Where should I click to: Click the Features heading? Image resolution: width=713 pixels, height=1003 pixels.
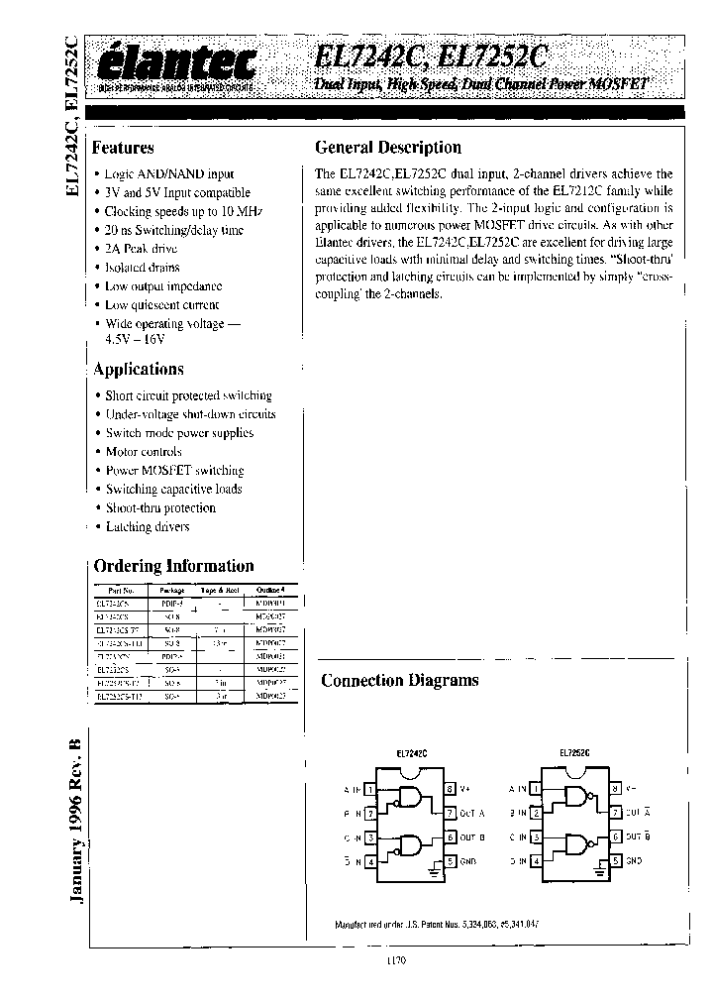(x=123, y=148)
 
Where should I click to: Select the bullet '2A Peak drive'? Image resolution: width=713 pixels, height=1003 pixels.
(x=144, y=249)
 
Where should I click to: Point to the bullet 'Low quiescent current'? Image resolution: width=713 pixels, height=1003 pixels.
(x=161, y=305)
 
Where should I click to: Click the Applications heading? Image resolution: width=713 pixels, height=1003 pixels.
(x=138, y=369)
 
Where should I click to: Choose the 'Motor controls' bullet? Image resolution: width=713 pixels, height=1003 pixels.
(x=144, y=451)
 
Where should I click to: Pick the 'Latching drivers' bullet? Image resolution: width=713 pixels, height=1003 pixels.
(x=147, y=526)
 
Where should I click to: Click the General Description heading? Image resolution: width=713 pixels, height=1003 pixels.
(x=387, y=148)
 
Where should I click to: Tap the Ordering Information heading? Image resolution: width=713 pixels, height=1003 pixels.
(x=173, y=566)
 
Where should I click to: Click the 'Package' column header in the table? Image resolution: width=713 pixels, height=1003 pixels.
(x=172, y=589)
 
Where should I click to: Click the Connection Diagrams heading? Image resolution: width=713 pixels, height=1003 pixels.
(x=399, y=680)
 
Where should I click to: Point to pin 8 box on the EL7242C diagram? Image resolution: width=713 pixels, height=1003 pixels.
(x=450, y=789)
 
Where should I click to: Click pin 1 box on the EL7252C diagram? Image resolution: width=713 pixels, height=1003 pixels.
(x=536, y=789)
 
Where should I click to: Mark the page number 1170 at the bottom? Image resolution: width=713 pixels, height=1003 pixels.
(x=395, y=959)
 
